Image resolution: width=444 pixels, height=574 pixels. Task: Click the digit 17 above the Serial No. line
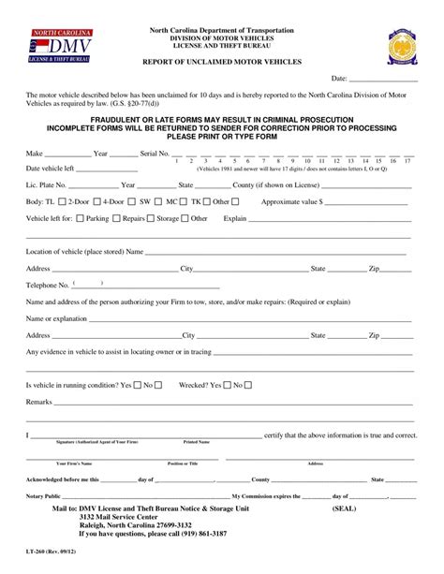[x=407, y=161]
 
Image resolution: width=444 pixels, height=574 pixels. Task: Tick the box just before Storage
[x=151, y=218]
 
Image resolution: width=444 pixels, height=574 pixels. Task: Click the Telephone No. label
[x=47, y=285]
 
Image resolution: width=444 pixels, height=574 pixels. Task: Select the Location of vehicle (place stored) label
[x=84, y=251]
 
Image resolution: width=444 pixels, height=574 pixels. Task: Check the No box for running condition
[x=157, y=385]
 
